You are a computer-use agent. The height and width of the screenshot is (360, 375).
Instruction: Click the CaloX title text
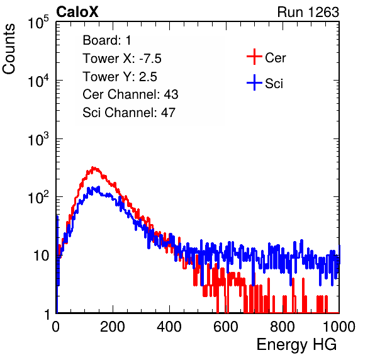[x=77, y=12]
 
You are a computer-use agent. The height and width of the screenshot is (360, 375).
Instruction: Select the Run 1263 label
[x=308, y=12]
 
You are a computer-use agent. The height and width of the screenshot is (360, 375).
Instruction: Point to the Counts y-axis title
[x=9, y=49]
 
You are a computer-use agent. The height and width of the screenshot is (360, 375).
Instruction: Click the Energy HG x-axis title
[x=296, y=344]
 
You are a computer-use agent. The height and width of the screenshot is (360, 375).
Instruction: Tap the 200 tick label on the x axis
[x=113, y=326]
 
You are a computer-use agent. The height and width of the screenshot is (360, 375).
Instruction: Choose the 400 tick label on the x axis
[x=169, y=326]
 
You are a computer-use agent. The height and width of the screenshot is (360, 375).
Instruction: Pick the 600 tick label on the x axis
[x=226, y=326]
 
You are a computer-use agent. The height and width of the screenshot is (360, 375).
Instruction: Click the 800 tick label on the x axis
[x=283, y=326]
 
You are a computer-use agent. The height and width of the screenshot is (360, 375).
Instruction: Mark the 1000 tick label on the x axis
[x=339, y=326]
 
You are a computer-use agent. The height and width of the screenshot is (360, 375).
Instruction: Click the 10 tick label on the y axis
[x=41, y=256]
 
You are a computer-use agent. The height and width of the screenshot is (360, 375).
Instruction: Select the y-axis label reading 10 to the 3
[x=38, y=138]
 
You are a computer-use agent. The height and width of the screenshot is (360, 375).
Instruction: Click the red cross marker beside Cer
[x=254, y=57]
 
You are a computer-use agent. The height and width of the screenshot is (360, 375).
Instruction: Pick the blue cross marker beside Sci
[x=254, y=83]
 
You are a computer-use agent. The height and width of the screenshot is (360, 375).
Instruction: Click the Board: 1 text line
[x=107, y=40]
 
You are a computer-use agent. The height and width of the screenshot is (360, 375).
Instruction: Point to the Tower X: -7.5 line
[x=122, y=59]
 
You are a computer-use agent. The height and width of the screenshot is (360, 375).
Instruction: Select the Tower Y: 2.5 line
[x=120, y=77]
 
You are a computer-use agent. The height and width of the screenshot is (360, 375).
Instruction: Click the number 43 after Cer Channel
[x=171, y=94]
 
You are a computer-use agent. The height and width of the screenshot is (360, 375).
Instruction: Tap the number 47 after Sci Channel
[x=168, y=113]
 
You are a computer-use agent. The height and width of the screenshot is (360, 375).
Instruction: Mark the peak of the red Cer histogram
[x=94, y=167]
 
